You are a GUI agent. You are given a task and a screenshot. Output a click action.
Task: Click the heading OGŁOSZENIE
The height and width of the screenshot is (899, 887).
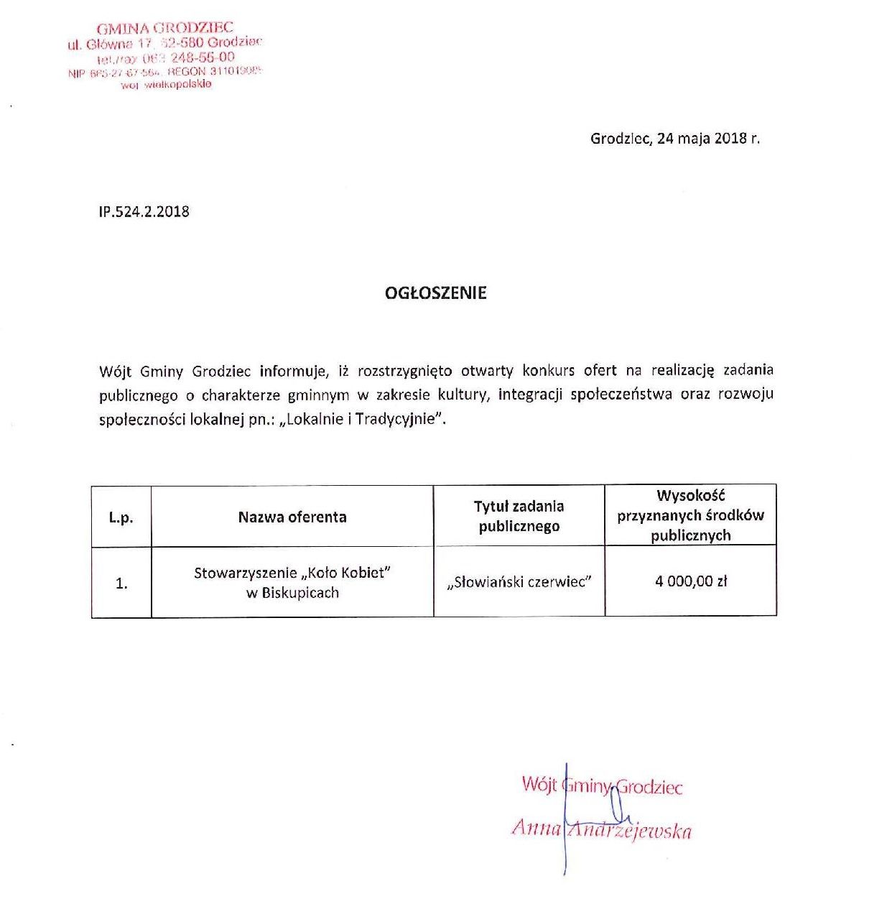(435, 293)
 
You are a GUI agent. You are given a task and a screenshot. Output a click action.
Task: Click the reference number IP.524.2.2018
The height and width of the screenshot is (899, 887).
(144, 211)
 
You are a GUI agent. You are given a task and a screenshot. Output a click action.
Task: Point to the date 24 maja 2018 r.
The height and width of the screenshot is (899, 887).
(707, 139)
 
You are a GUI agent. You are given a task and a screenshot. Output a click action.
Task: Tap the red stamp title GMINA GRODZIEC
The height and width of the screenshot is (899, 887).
(165, 29)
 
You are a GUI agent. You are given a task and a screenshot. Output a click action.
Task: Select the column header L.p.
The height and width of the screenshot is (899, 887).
(121, 517)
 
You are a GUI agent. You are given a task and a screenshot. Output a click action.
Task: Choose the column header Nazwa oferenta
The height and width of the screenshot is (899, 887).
(292, 517)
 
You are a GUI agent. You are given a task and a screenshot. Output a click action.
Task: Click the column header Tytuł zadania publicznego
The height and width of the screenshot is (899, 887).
(519, 516)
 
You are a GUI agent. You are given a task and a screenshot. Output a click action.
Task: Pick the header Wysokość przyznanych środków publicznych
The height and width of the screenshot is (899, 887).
(690, 515)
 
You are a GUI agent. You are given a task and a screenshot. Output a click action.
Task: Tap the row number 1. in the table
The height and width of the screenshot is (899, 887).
(121, 584)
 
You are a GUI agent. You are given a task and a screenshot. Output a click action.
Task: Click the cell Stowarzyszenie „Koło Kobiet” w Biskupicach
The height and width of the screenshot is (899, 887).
(292, 582)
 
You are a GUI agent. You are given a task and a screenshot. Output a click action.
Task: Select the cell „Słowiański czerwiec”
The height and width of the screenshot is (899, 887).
(519, 582)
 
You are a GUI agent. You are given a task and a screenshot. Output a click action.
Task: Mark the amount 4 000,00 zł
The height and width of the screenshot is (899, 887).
(690, 581)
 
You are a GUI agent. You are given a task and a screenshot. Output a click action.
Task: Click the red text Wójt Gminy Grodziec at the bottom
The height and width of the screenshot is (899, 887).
(602, 785)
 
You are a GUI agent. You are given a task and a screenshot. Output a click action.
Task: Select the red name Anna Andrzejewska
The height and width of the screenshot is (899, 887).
(601, 830)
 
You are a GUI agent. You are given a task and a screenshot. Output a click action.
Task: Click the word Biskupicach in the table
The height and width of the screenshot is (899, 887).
(299, 593)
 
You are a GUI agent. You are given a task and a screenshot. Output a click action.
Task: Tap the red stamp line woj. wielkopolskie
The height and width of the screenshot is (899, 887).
(166, 85)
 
